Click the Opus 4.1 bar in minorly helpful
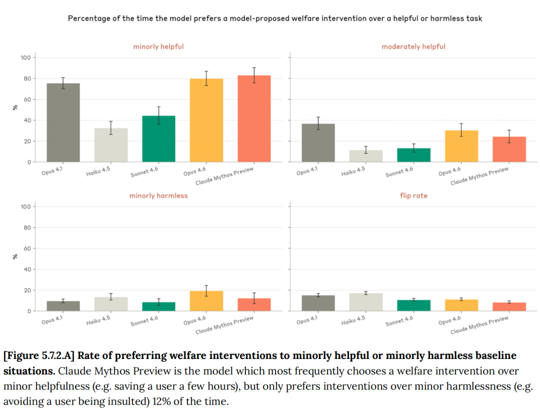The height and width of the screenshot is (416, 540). click(63, 122)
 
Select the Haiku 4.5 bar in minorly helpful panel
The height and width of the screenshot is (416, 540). click(111, 145)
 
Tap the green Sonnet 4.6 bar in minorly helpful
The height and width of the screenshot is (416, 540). click(158, 139)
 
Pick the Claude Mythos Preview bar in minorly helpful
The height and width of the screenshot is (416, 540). click(254, 118)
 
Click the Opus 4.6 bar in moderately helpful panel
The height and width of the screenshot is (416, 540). click(461, 146)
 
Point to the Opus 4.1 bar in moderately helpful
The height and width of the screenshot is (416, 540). click(318, 142)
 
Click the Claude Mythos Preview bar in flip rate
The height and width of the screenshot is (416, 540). click(509, 306)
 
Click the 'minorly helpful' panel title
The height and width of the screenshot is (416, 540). click(158, 46)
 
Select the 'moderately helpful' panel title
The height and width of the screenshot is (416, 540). click(413, 46)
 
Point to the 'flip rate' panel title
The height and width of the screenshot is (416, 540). click(413, 195)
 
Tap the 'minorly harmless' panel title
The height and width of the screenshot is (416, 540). click(158, 195)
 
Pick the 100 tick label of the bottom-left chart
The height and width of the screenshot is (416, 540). click(25, 206)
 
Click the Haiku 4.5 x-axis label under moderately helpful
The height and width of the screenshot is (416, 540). click(353, 172)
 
